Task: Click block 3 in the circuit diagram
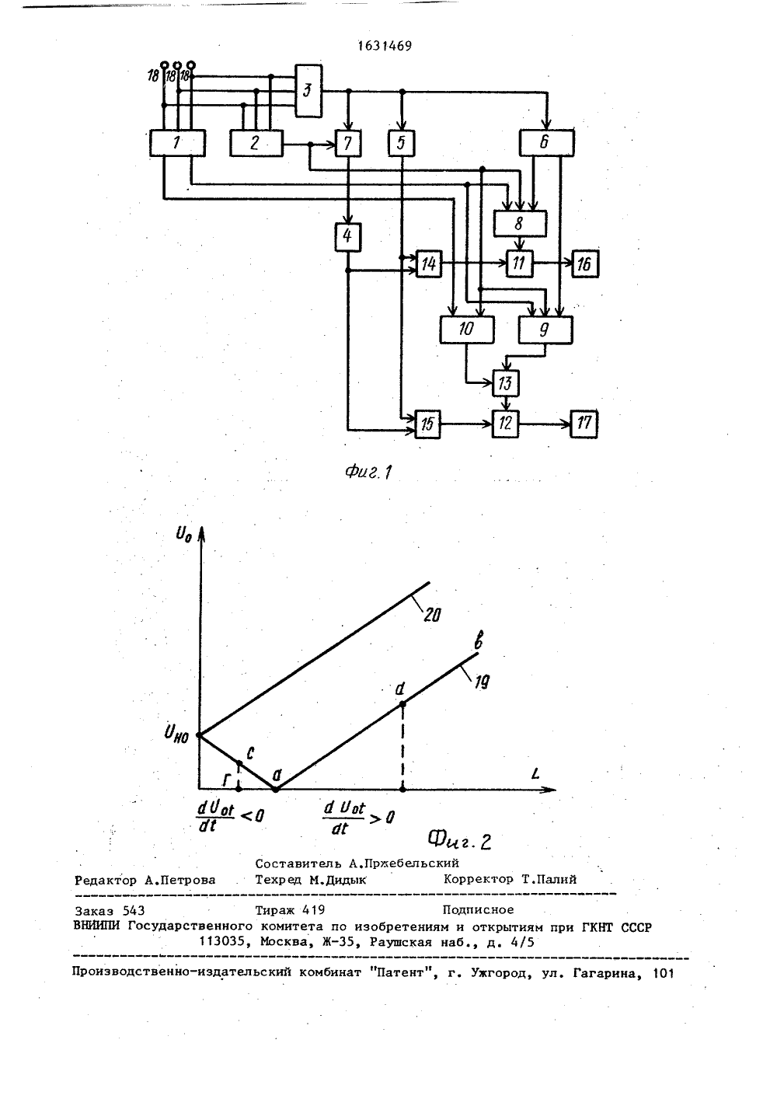308,91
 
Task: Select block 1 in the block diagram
177,143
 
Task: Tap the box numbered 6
546,143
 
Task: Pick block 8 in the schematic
520,224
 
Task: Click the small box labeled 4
348,237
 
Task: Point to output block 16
585,264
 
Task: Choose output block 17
584,424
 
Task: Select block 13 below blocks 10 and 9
506,383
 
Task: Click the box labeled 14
428,264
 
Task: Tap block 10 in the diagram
466,330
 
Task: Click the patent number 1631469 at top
385,46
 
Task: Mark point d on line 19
402,704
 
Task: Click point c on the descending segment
239,763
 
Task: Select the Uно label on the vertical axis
176,734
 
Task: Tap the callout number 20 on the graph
432,614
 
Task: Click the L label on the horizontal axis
535,774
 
